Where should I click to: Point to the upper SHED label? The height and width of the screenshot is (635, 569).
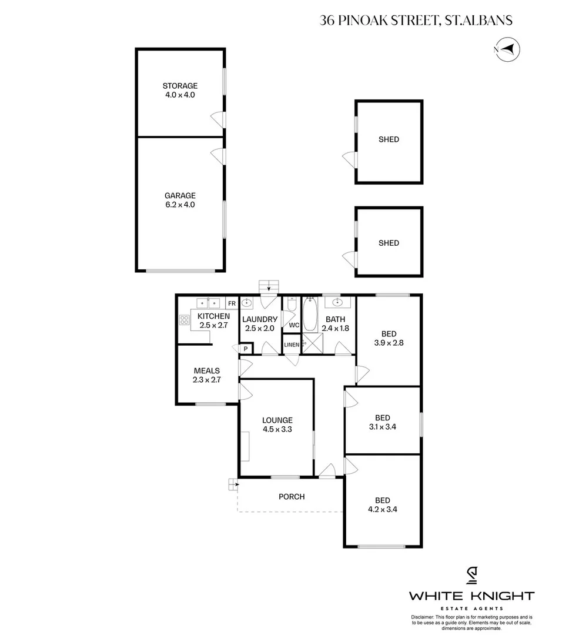tap(389, 139)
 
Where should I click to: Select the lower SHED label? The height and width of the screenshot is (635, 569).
tap(389, 243)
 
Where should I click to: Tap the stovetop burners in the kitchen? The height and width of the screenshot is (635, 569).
tap(184, 320)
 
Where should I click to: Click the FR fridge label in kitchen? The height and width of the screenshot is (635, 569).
tap(232, 303)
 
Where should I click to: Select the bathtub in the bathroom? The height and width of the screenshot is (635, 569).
tap(310, 316)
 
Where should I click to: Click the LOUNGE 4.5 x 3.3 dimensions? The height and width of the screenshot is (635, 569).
tap(277, 429)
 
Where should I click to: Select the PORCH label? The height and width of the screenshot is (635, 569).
tap(292, 497)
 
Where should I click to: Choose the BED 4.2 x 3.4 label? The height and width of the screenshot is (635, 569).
tap(383, 506)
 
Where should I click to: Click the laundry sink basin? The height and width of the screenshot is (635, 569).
tap(249, 303)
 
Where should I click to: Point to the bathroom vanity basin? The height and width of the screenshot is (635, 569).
tap(338, 303)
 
